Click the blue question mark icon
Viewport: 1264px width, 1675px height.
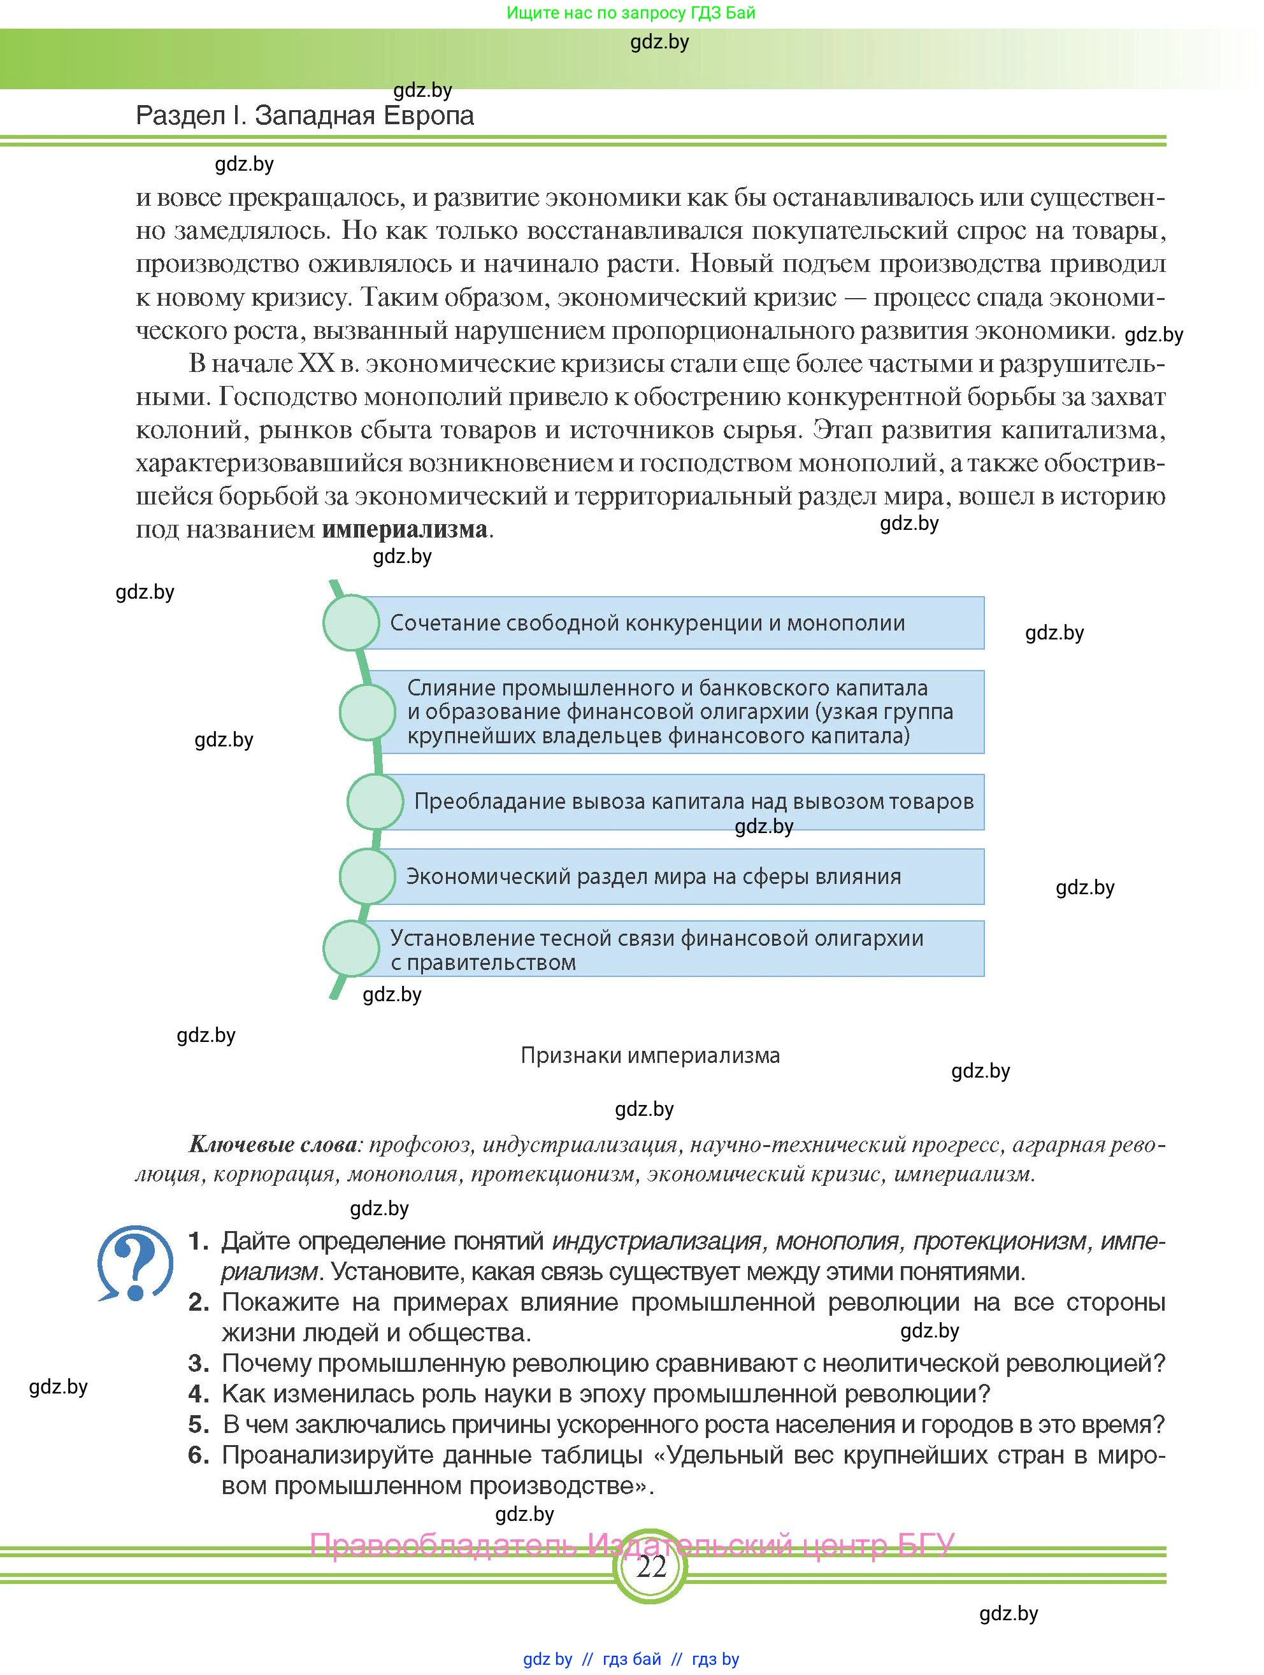[135, 1263]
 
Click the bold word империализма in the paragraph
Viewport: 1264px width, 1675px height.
[405, 529]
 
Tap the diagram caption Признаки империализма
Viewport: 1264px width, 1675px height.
[650, 1055]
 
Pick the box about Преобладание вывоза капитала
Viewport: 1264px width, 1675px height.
[682, 802]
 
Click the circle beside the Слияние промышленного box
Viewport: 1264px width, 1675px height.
[368, 712]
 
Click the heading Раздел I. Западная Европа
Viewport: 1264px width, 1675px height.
[305, 116]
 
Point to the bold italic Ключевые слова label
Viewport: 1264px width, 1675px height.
[272, 1144]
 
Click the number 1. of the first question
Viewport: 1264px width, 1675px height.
[198, 1241]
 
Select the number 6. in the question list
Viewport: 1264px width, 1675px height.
[198, 1455]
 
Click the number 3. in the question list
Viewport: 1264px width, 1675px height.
[198, 1363]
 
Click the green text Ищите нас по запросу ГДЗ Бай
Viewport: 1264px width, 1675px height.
[631, 13]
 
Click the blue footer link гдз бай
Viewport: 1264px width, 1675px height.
[631, 1659]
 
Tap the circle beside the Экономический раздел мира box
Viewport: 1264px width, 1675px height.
[368, 877]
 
